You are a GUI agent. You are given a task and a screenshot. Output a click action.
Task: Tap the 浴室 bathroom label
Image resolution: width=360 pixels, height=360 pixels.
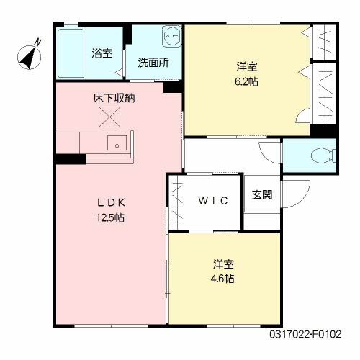tap(102, 53)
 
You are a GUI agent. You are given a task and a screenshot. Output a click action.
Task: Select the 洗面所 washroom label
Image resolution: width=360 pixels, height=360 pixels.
tap(153, 63)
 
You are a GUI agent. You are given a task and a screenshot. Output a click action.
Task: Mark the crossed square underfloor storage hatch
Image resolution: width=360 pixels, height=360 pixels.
tap(109, 115)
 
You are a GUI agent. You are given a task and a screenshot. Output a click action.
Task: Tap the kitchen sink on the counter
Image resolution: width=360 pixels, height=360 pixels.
tap(116, 143)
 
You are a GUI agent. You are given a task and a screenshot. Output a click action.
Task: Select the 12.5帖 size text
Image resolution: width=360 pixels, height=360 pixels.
tap(109, 217)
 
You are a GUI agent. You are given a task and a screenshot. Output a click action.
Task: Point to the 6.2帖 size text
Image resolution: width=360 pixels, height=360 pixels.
tap(247, 81)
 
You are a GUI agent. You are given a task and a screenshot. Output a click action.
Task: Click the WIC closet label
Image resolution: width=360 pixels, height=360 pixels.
tap(213, 201)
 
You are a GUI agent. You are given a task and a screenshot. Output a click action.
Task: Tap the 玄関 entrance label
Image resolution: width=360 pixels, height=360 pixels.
tap(262, 195)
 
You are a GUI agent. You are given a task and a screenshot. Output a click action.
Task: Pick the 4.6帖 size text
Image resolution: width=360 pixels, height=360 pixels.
tap(222, 278)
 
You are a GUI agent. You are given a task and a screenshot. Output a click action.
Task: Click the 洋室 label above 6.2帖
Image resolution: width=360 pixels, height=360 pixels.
tap(247, 66)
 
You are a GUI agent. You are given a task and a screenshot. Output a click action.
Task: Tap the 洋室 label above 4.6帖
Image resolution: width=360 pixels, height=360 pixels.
tap(222, 264)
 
